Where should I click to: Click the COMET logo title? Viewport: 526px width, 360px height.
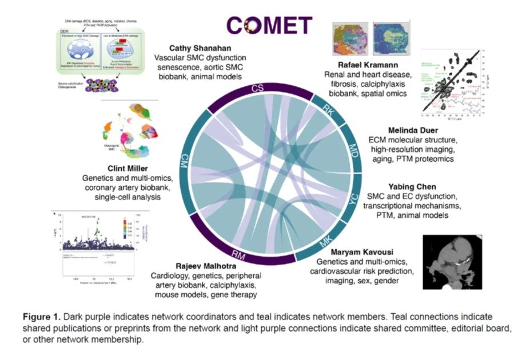(269, 25)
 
